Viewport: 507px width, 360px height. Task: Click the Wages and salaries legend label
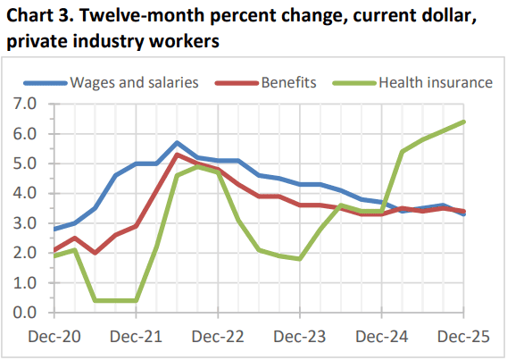pyautogui.click(x=134, y=82)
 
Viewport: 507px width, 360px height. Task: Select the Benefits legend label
pyautogui.click(x=288, y=82)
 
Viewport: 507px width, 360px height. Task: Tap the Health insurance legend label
pyautogui.click(x=436, y=82)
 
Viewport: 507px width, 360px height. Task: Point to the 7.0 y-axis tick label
pyautogui.click(x=25, y=104)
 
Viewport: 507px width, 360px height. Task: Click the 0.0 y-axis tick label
pyautogui.click(x=25, y=313)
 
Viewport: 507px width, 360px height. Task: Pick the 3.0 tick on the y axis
pyautogui.click(x=25, y=223)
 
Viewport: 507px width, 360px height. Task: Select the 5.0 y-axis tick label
pyautogui.click(x=25, y=163)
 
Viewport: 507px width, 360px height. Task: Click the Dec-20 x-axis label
pyautogui.click(x=54, y=337)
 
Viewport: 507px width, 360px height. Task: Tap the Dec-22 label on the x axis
pyautogui.click(x=218, y=337)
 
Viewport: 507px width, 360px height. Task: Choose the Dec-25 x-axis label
pyautogui.click(x=463, y=337)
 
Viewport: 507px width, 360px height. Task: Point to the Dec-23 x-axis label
pyautogui.click(x=300, y=337)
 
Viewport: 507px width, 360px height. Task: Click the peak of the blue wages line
pyautogui.click(x=177, y=143)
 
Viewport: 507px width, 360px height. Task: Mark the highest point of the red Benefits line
pyautogui.click(x=177, y=155)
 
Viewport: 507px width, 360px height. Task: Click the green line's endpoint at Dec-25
pyautogui.click(x=463, y=122)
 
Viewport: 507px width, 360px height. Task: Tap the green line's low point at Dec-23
pyautogui.click(x=300, y=259)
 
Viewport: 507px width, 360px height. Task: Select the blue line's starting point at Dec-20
pyautogui.click(x=54, y=230)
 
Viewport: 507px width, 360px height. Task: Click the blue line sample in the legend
pyautogui.click(x=45, y=83)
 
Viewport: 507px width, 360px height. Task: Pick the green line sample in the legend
pyautogui.click(x=354, y=83)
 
